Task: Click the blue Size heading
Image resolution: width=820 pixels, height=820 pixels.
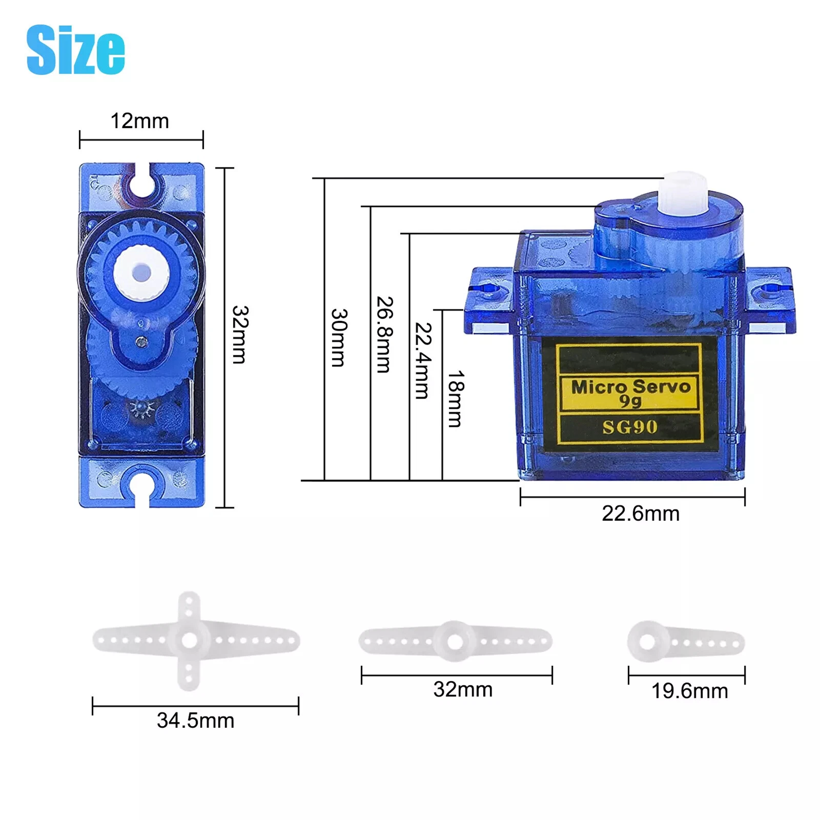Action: [76, 50]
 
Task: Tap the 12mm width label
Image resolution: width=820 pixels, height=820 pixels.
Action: [140, 121]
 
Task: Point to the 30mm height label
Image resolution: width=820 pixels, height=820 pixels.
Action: [339, 338]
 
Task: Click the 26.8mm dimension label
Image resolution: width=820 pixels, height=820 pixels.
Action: [385, 334]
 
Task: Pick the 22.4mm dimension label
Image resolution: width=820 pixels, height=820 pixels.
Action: [423, 361]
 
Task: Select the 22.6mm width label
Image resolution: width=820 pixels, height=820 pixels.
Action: [641, 514]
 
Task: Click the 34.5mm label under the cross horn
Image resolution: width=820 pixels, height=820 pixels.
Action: [196, 721]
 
